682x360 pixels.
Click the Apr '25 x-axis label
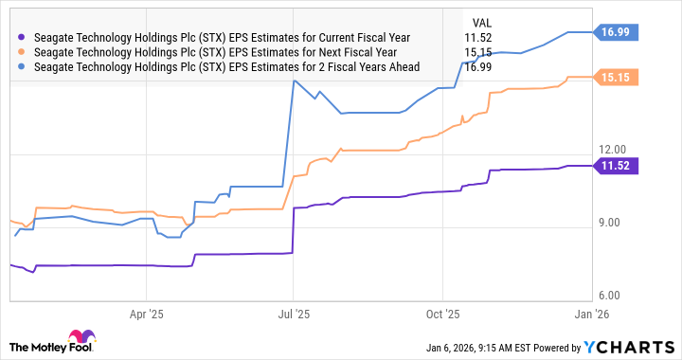[147, 311]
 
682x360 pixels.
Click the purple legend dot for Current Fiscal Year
[22, 36]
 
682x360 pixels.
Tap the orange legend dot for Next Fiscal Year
[22, 52]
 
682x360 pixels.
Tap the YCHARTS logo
[626, 346]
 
